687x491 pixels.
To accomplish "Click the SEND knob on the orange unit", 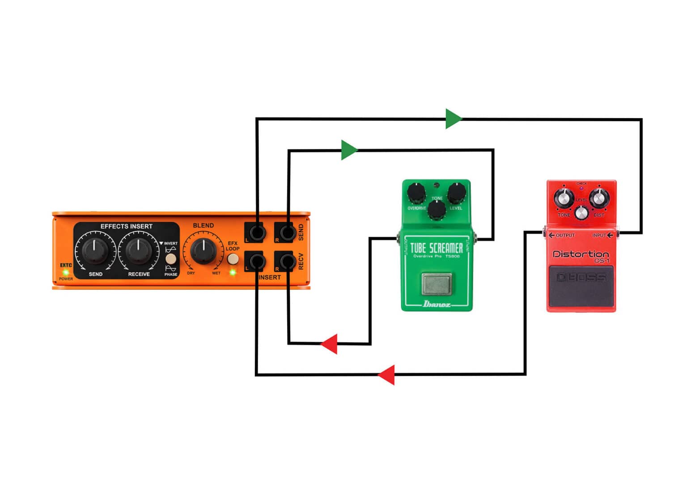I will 95,251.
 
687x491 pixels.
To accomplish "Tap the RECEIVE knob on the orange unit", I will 139,251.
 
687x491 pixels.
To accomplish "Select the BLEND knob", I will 204,251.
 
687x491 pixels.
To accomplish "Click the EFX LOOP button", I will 233,259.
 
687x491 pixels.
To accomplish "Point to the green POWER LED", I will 66,272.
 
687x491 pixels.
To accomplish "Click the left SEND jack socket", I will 257,233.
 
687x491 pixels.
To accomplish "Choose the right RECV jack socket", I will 287,262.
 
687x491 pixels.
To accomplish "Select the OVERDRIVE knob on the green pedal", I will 416,193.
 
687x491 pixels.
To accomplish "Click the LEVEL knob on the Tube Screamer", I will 457,193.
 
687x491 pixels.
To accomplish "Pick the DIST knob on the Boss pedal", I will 598,199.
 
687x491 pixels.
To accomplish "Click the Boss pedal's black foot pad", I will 581,285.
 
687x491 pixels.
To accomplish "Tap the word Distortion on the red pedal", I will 581,254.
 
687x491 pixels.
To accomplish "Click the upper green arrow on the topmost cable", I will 453,119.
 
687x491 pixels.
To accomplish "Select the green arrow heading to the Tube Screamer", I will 348,150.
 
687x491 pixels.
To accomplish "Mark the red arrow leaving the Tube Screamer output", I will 330,344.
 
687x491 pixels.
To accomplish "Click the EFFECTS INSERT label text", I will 126,226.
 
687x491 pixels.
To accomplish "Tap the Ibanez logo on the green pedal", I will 437,304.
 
